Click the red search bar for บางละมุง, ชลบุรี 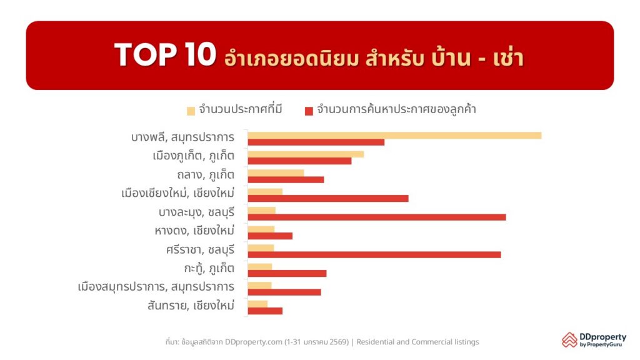point(376,217)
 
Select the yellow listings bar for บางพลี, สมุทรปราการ point(394,135)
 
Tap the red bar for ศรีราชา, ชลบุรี point(374,254)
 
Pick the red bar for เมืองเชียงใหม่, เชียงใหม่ point(327,198)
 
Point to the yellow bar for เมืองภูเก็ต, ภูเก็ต point(306,154)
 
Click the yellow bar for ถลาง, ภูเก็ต point(276,172)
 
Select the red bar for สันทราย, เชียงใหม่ point(265,311)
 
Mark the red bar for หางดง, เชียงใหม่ point(270,236)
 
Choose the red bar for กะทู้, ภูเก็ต point(287,273)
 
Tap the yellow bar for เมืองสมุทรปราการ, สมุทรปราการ point(259,285)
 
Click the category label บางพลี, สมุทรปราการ point(182,137)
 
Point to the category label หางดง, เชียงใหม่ point(194,231)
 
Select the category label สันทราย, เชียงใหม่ point(191,306)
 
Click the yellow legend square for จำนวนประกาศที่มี point(191,111)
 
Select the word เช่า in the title point(502,57)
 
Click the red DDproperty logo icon point(569,339)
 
